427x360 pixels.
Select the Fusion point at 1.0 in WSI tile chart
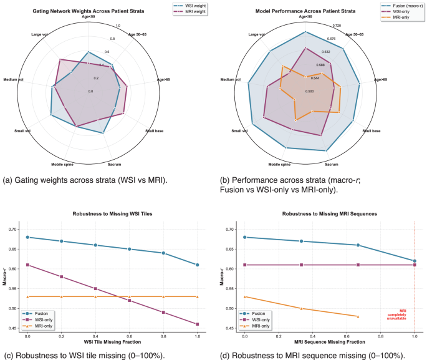click(x=197, y=265)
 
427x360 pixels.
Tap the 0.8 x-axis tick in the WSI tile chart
click(x=163, y=337)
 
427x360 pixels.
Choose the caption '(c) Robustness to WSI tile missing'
click(x=93, y=355)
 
